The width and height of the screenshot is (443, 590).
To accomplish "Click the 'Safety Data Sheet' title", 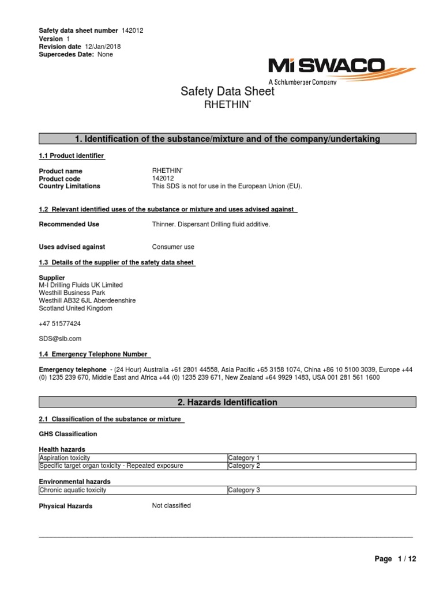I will [x=227, y=91].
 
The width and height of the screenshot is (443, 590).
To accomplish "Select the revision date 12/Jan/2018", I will [x=103, y=47].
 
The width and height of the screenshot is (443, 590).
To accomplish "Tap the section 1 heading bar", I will [x=227, y=138].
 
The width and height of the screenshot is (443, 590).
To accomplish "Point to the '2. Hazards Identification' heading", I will [x=227, y=402].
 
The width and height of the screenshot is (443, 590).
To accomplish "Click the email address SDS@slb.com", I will [x=60, y=339].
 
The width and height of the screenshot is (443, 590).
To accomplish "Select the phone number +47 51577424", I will [x=60, y=324].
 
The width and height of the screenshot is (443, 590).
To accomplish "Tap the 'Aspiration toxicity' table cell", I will [x=65, y=458].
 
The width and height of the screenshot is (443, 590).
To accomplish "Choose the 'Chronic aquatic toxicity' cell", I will [x=73, y=490].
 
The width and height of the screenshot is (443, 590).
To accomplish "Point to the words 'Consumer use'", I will [x=173, y=247].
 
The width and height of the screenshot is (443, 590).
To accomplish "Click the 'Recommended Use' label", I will [x=69, y=224].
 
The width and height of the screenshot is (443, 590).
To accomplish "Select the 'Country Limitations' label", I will [x=69, y=186].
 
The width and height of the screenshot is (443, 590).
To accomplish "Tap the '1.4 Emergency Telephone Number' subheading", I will [x=93, y=354].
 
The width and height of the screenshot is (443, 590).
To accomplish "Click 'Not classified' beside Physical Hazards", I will [x=171, y=506].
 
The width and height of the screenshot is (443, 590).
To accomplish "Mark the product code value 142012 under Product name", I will [x=162, y=179].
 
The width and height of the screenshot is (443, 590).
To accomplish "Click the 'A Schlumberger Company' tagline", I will [x=303, y=82].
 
